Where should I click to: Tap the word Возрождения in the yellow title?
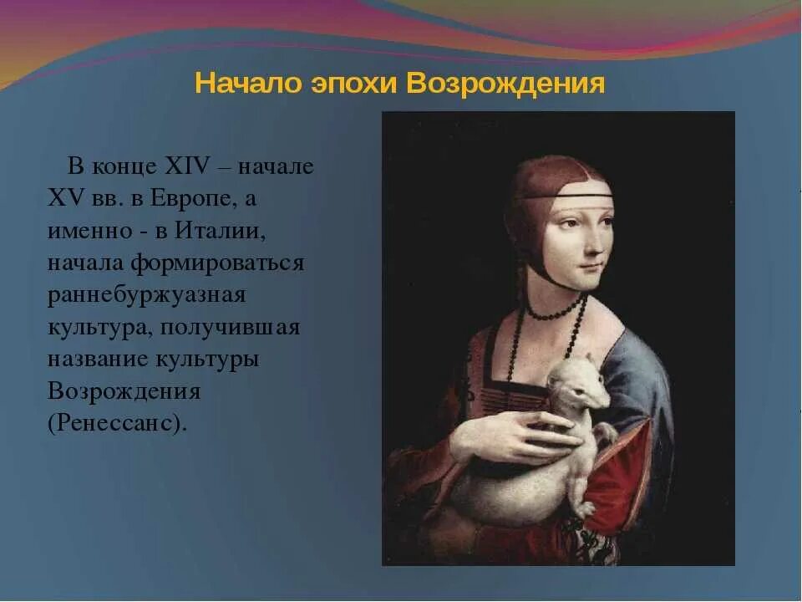click(x=506, y=84)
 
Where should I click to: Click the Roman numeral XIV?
click(x=190, y=166)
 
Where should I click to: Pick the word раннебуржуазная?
click(x=146, y=295)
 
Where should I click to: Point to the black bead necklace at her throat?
click(x=556, y=314)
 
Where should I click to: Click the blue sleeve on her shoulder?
click(x=643, y=368)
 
